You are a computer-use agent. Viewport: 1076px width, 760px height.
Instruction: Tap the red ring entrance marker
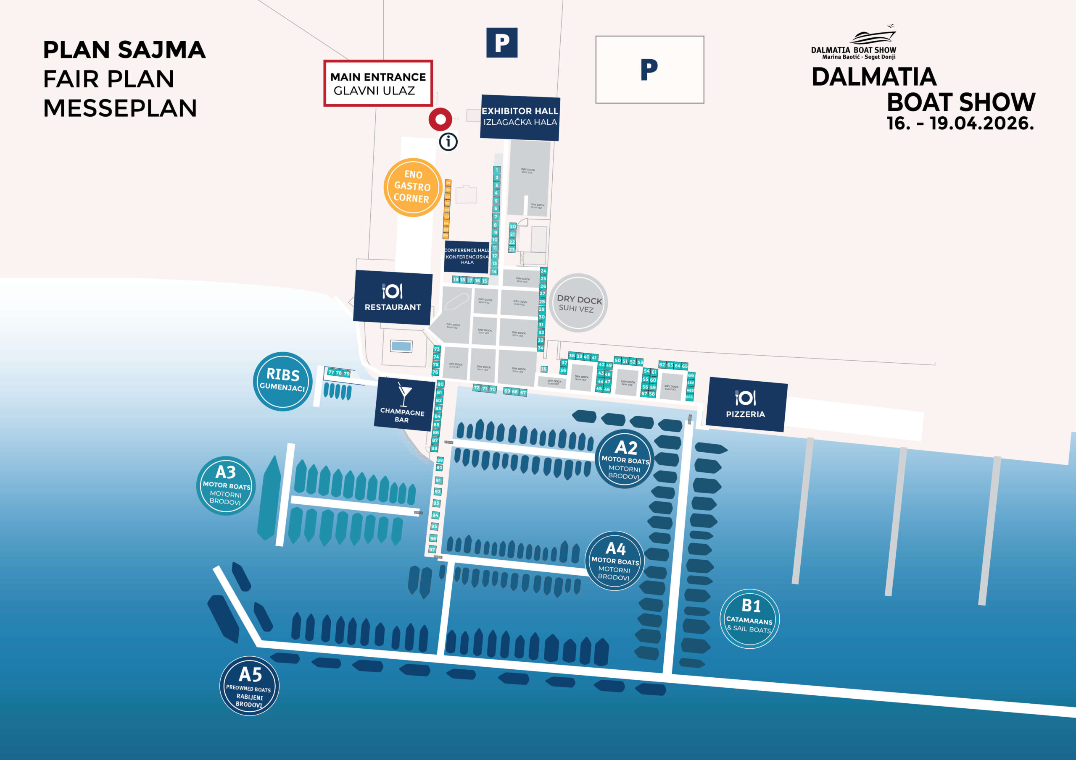(x=440, y=119)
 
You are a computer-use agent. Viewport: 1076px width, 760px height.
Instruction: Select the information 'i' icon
(x=448, y=142)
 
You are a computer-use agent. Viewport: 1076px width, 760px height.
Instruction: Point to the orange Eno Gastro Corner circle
(x=412, y=187)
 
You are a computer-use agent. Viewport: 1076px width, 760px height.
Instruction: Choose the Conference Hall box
(x=467, y=256)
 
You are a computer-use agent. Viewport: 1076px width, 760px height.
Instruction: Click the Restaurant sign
(x=393, y=298)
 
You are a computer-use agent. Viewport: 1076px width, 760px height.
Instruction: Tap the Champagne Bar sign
(x=403, y=404)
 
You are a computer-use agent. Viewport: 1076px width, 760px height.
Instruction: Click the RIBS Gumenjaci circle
(x=282, y=381)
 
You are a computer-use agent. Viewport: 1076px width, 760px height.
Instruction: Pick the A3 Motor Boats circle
(x=226, y=485)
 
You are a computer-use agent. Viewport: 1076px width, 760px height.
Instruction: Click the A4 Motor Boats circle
(x=615, y=561)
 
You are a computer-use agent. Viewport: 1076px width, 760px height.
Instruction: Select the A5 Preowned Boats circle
(x=249, y=687)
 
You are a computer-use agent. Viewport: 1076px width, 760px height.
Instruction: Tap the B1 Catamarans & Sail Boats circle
(x=749, y=618)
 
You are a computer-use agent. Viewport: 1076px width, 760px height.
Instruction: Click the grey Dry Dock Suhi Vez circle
(x=578, y=303)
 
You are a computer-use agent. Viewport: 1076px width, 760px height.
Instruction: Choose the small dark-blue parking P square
(x=501, y=42)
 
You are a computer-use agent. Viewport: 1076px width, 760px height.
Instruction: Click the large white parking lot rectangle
(x=649, y=70)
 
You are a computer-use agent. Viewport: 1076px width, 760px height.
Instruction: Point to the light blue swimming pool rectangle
(x=401, y=346)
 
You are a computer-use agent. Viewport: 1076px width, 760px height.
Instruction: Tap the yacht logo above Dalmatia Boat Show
(x=873, y=36)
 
